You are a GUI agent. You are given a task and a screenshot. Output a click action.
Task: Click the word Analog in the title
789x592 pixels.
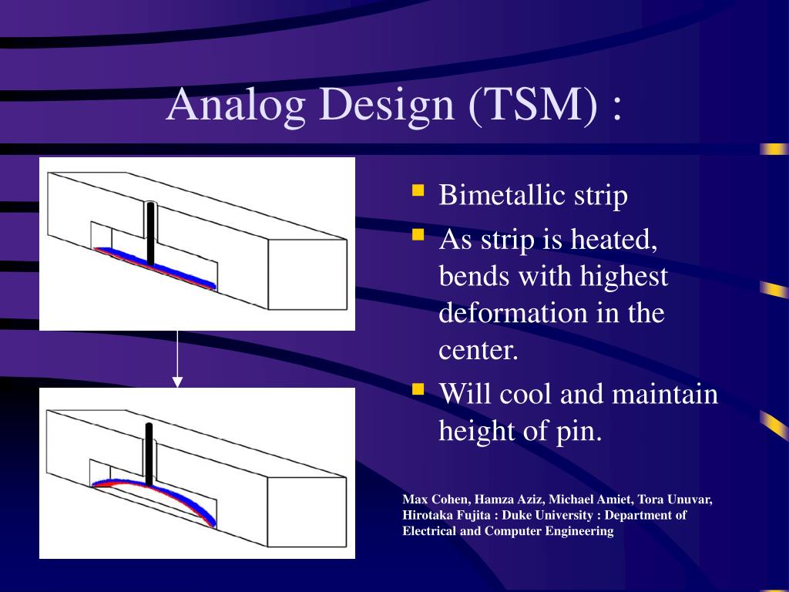pyautogui.click(x=236, y=105)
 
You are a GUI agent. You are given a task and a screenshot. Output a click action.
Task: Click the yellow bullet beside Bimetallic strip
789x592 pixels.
pyautogui.click(x=418, y=190)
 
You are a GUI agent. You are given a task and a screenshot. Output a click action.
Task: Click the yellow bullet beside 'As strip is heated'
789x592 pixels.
pyautogui.click(x=418, y=235)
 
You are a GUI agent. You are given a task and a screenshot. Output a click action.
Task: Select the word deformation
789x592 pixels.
pyautogui.click(x=514, y=313)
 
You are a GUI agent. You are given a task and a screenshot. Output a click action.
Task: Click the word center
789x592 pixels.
pyautogui.click(x=478, y=351)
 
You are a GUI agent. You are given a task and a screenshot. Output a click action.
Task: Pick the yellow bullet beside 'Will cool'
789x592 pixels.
pyautogui.click(x=418, y=389)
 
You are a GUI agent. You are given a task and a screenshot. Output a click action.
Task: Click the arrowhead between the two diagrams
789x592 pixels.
pyautogui.click(x=177, y=382)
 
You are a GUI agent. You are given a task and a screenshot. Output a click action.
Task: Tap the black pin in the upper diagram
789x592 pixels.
pyautogui.click(x=150, y=234)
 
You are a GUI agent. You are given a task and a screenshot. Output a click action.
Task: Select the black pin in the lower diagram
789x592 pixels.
pyautogui.click(x=149, y=455)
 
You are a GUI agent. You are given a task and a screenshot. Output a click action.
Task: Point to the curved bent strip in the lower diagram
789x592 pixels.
pyautogui.click(x=151, y=487)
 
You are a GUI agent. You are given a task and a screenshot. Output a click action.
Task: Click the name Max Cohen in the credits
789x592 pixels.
pyautogui.click(x=436, y=499)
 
